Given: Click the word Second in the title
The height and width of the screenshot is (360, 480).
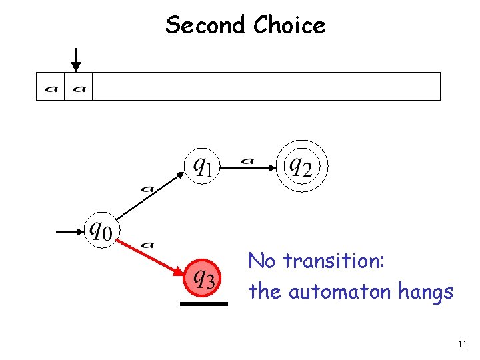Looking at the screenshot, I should coord(206,25).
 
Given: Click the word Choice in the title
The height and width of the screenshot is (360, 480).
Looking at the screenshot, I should coord(289,25).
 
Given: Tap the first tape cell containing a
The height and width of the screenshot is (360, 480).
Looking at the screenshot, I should coord(51,87).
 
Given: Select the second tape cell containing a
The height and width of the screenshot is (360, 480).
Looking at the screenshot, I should coord(79,87).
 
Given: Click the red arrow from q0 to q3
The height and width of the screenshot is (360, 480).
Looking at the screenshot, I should coord(150,256).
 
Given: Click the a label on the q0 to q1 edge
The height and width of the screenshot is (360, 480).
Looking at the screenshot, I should coord(147,189).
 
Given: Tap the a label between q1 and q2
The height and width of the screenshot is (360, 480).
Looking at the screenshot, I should coord(248,160).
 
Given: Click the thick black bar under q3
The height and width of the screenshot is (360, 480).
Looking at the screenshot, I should coord(203,303).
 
